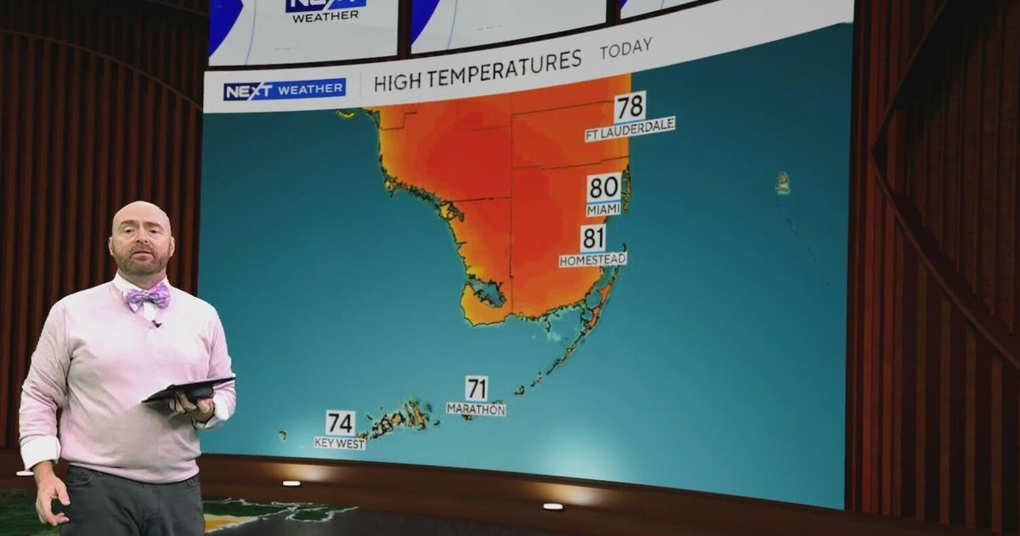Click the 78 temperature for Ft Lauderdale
tap(630, 108)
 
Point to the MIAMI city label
tap(603, 209)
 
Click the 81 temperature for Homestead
tap(593, 239)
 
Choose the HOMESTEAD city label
tap(592, 259)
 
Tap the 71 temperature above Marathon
tap(476, 389)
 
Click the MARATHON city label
tap(476, 409)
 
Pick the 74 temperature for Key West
tap(340, 423)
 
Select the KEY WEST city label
tap(340, 443)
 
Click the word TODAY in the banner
tap(626, 49)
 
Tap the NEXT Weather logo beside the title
tap(284, 89)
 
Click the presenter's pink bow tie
tap(147, 297)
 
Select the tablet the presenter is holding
tap(188, 390)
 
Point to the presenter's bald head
tap(140, 218)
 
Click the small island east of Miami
tap(782, 183)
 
